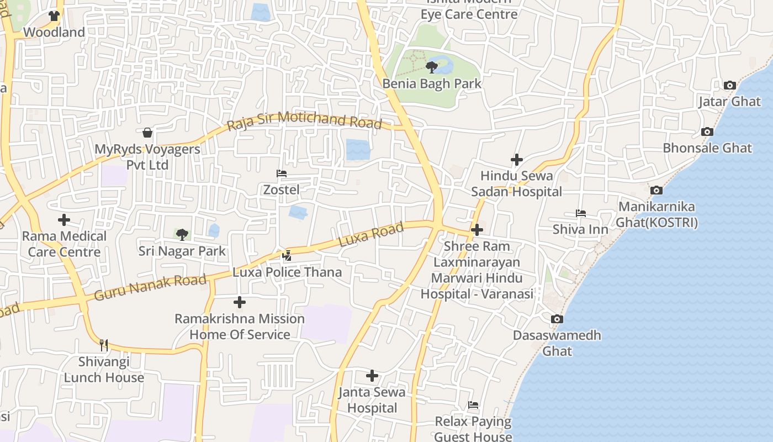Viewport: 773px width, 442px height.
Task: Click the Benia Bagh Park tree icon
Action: [x=432, y=67]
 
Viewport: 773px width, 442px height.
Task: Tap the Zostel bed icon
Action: [x=282, y=173]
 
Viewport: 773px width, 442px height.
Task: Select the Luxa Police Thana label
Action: [x=287, y=272]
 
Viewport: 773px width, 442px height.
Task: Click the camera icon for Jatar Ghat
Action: [x=729, y=86]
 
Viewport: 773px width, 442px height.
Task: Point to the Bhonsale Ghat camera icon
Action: [x=707, y=132]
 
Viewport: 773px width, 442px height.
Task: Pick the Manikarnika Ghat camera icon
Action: [x=656, y=191]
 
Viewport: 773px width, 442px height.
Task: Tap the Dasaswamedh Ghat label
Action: [x=557, y=343]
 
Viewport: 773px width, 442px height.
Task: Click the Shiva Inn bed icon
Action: [x=580, y=213]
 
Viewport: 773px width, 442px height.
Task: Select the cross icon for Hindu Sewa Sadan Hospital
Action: [x=516, y=160]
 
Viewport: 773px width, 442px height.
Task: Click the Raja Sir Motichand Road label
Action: [x=305, y=120]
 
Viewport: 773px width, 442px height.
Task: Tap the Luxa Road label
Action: [x=370, y=236]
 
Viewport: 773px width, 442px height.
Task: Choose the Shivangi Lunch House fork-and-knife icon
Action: [x=104, y=345]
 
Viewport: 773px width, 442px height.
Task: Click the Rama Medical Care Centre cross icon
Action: [x=64, y=220]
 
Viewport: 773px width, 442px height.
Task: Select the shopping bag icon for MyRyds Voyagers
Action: [x=147, y=133]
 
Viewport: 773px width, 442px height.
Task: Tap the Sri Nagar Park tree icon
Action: [x=182, y=235]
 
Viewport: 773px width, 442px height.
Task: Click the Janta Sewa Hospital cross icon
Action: [x=372, y=376]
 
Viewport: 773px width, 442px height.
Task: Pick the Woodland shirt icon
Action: [x=54, y=16]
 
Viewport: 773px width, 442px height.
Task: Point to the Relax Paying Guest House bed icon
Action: [x=473, y=405]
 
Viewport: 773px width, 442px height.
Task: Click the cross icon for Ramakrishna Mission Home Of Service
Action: [x=239, y=302]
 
